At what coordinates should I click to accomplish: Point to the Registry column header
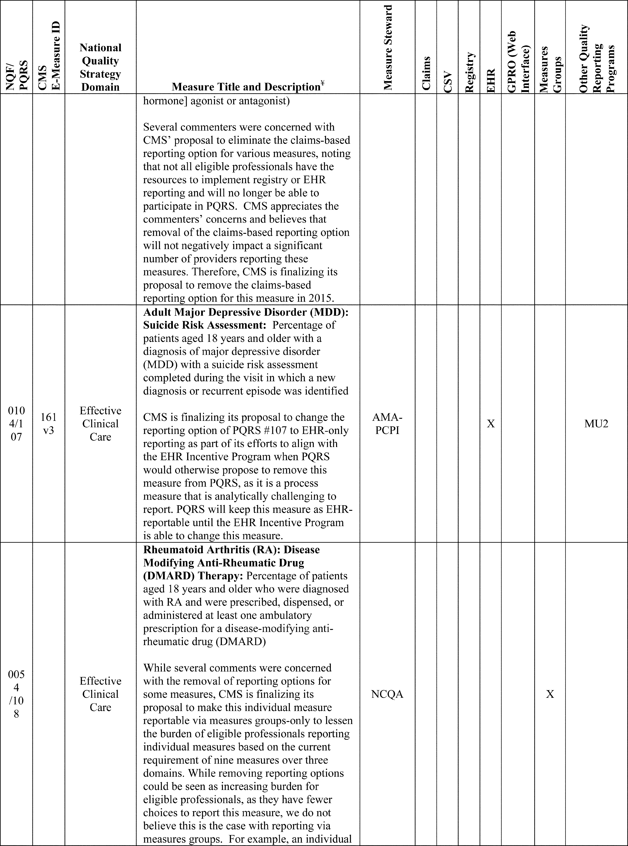[469, 72]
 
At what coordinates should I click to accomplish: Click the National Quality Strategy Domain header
[100, 67]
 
